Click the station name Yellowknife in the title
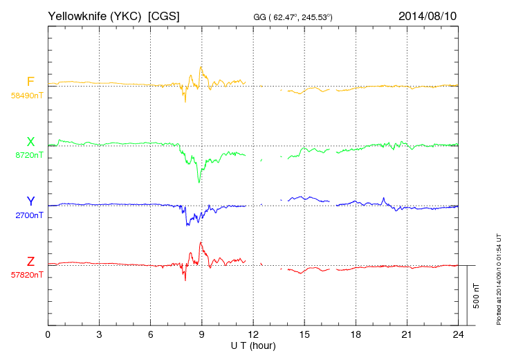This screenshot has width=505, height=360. pos(75,15)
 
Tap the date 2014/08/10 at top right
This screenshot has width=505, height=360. pos(427,15)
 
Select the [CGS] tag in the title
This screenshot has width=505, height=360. pos(164,15)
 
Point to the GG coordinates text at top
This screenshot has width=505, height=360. pos(293,17)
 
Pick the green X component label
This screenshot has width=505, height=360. pos(30,142)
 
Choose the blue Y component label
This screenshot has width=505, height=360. pos(30,201)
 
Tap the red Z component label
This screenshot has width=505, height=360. pos(30,261)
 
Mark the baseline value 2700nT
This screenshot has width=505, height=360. pos(28,215)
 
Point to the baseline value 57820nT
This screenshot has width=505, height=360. pos(26,275)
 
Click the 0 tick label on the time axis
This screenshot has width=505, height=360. pos(48,335)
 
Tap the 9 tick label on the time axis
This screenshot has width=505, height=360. pos(202,335)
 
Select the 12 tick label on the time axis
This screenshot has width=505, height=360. pos(253,335)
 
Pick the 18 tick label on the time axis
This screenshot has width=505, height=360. pos(356,335)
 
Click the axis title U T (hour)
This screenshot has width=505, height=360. pos(253,345)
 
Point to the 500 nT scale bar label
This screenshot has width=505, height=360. pos(477,296)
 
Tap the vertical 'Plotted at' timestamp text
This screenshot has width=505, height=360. pos(499,284)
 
